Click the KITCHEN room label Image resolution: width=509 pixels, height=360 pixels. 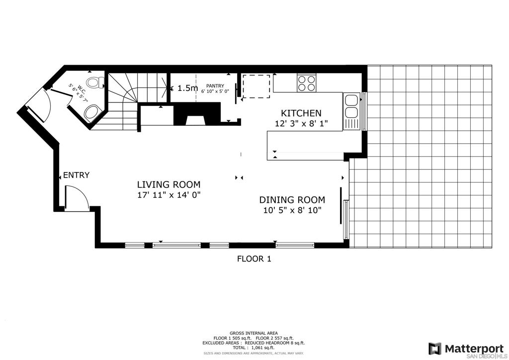tap(301, 113)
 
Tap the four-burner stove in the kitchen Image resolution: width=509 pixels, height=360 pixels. tap(306, 83)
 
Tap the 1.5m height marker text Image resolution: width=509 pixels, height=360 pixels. tap(187, 88)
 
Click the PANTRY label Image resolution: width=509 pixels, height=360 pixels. tap(215, 86)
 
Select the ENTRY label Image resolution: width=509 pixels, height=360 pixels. tap(76, 175)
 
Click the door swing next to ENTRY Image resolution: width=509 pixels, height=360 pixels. tap(76, 197)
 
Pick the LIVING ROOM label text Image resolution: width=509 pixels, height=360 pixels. tap(169, 184)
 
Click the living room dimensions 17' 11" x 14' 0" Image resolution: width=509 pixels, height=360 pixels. tap(169, 195)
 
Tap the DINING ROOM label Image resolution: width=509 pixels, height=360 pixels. tap(292, 200)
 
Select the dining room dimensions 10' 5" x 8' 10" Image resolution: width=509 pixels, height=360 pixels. tap(292, 210)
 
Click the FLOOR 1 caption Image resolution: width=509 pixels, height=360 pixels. tap(254, 259)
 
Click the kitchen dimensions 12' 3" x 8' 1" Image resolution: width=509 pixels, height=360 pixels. tap(301, 124)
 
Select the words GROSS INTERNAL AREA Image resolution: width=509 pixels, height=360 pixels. tap(254, 333)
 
